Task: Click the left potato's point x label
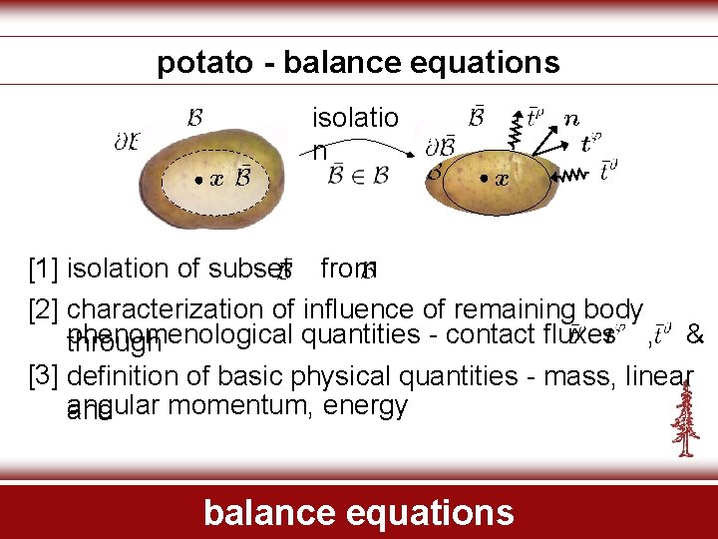click(213, 180)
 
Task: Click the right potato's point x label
click(501, 180)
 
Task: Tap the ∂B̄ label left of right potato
click(440, 146)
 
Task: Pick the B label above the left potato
click(195, 117)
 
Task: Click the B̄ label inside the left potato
click(242, 180)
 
